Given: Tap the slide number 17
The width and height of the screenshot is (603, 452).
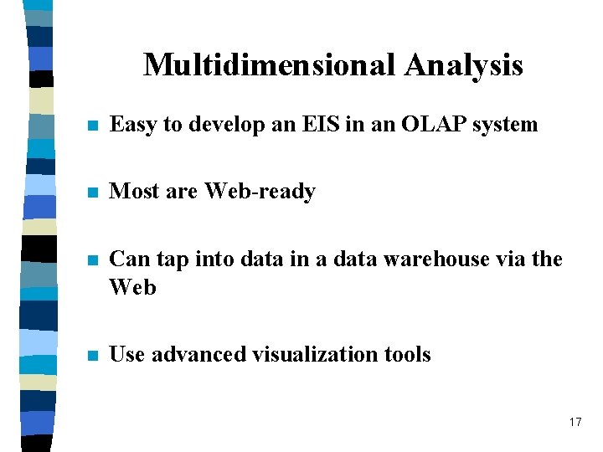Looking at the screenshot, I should [575, 422].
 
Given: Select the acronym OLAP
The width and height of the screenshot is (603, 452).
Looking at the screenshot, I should [425, 125].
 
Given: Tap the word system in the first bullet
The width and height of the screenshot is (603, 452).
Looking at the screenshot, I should [505, 126].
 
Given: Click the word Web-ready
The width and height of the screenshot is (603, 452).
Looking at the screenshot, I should [260, 192].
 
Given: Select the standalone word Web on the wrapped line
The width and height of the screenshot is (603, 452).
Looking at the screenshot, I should [133, 287].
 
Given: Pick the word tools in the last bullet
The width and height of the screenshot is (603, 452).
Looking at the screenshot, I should [407, 355].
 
